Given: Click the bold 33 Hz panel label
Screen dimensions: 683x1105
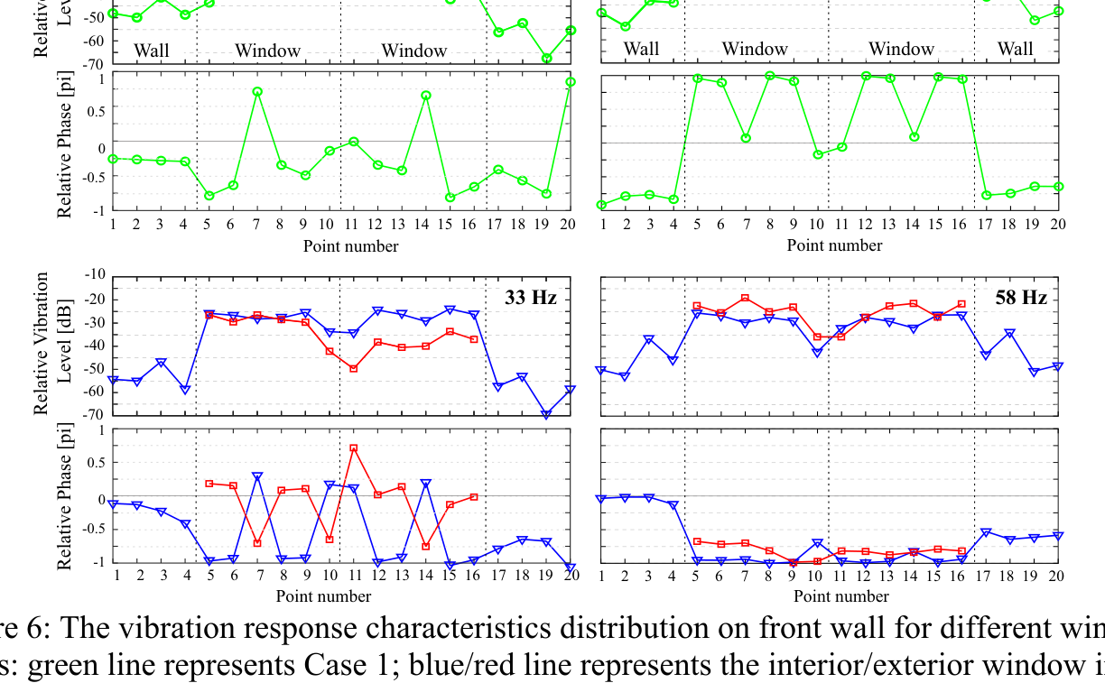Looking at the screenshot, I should coord(530,297).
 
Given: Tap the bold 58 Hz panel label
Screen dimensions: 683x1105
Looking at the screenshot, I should coord(1021,297).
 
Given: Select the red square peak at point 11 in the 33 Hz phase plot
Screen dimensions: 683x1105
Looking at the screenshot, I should coord(354,448).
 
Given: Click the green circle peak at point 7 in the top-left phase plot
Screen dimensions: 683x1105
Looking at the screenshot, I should coord(257,91).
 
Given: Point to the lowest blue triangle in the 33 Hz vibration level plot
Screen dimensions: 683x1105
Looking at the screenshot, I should coord(546,415).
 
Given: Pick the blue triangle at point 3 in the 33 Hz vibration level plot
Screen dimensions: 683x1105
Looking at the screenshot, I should coord(162,363).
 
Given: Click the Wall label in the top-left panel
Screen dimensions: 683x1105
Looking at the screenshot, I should coord(152,50).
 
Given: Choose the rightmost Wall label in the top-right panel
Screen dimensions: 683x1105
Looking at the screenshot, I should coord(1015,49).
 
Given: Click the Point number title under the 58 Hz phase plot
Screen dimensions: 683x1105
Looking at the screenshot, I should coord(840,595).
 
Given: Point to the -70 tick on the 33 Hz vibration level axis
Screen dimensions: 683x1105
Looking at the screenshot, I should coord(94,415).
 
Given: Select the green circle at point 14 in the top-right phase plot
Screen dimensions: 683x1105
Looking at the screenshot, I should coord(915,137).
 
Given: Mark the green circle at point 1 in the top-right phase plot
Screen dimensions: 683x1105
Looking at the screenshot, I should coord(602,205).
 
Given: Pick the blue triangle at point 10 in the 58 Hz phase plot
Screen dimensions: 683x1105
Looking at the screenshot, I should coord(817,543).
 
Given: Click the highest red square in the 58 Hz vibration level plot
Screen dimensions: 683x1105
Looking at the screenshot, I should coord(745,298).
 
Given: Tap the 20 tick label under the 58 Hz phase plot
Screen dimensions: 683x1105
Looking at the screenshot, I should coord(1056,576).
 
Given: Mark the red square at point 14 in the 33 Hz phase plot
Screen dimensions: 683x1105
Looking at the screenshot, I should coord(425,546).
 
